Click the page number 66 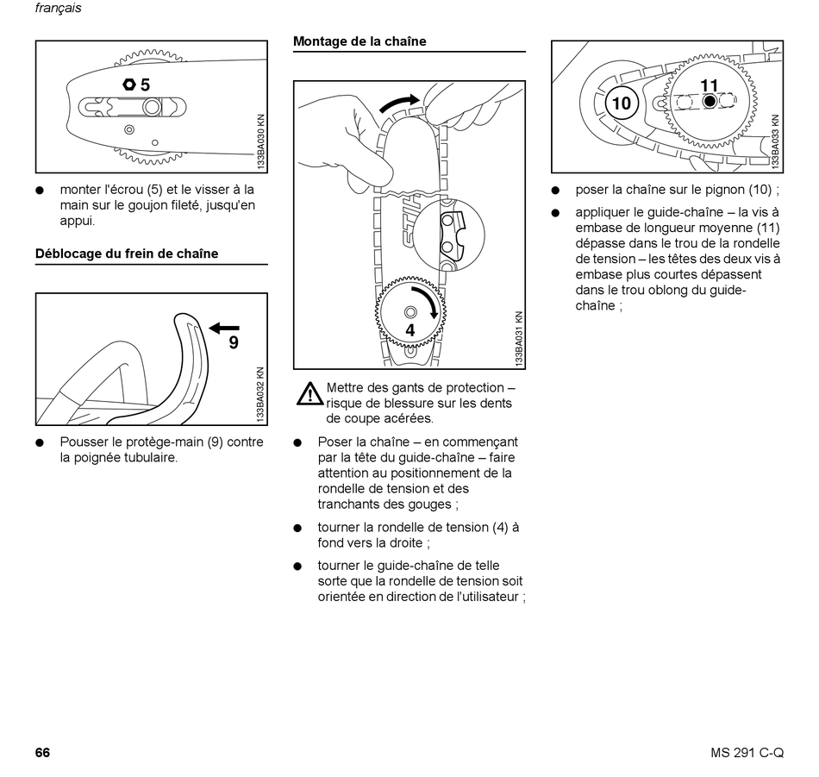point(42,752)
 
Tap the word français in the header point(58,9)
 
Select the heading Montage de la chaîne point(359,41)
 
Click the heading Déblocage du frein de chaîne point(126,254)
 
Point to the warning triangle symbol point(309,394)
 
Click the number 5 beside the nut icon point(145,85)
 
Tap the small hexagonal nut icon point(128,85)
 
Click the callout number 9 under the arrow point(233,342)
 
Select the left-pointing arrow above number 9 point(224,327)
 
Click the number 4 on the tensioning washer point(410,330)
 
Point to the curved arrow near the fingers point(401,103)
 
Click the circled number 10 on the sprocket point(621,104)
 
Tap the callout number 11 point(709,85)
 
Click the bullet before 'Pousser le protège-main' point(40,442)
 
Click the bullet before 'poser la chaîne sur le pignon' point(556,191)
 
